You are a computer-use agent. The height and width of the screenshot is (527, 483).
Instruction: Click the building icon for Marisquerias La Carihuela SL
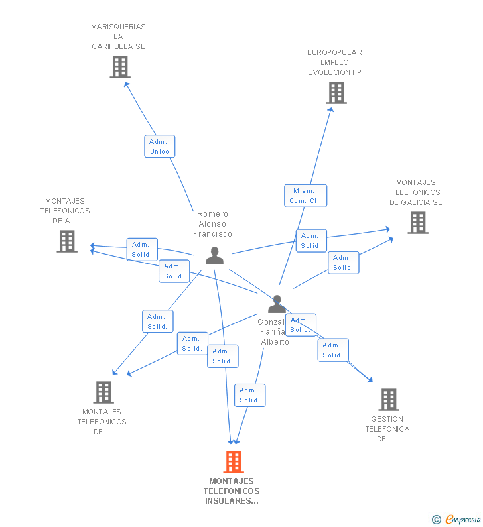[120, 67]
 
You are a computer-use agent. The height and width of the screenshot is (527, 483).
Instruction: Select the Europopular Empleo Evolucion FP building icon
[336, 93]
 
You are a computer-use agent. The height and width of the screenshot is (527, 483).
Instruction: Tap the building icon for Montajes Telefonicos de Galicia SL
[418, 223]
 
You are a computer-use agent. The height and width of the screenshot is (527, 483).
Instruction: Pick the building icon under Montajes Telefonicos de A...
[67, 241]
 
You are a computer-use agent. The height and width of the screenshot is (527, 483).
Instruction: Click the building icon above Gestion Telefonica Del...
[389, 399]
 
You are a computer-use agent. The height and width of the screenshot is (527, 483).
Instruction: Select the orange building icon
[234, 461]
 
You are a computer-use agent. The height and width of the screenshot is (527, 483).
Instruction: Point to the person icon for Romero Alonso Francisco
[214, 255]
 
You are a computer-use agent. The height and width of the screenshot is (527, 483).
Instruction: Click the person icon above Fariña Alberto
[277, 304]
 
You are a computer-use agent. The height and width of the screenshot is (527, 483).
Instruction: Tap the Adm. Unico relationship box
[160, 146]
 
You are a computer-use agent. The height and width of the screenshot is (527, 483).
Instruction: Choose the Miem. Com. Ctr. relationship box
[306, 196]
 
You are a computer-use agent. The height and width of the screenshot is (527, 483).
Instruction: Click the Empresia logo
[462, 519]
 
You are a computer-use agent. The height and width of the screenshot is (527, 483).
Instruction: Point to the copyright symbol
[436, 520]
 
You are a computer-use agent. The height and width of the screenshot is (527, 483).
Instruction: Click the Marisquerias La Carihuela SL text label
[118, 36]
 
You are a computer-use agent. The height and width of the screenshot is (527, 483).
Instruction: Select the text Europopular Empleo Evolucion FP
[334, 62]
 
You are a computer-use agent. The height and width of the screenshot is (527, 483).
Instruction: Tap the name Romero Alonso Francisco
[213, 223]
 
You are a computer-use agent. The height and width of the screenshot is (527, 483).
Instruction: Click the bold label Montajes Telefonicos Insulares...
[232, 491]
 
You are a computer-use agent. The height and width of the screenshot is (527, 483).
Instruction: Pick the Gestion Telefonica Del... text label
[387, 428]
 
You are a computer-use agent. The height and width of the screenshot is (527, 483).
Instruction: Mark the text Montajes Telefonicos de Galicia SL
[416, 192]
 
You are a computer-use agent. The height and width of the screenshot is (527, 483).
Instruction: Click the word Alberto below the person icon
[275, 342]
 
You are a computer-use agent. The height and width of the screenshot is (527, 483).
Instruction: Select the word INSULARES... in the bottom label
[232, 501]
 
